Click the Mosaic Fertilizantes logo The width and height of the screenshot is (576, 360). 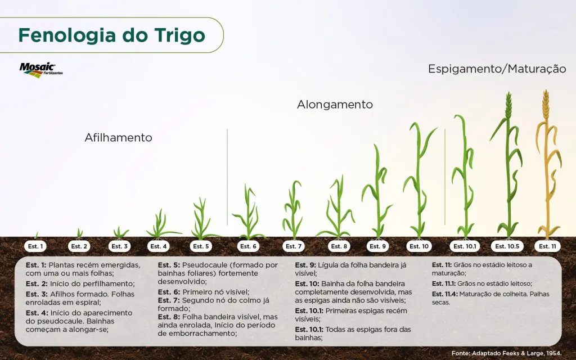coord(40,70)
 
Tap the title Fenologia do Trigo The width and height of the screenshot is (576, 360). coord(112,35)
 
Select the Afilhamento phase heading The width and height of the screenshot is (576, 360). coord(118,137)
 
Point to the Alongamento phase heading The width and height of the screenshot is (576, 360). coord(335,104)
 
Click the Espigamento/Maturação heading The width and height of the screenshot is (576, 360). coord(497,69)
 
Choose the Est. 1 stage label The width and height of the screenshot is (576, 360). coord(35,246)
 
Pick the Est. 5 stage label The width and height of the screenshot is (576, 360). coord(201,246)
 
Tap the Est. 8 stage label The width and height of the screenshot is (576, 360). coord(339,246)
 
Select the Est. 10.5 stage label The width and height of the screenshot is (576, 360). coord(507,246)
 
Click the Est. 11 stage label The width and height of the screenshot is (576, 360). coord(548,246)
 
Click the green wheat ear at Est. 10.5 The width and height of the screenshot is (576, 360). coord(508,105)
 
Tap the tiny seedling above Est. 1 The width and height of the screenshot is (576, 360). coord(37,236)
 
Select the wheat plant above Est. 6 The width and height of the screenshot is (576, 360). coord(249,213)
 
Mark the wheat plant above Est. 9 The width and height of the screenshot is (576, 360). coord(377,191)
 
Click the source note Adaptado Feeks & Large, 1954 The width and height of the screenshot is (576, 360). coord(506,353)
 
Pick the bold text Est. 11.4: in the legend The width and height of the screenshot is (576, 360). coord(444,294)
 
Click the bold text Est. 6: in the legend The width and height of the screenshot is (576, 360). coord(169,292)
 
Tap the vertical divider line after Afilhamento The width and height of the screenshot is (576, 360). coord(227,177)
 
